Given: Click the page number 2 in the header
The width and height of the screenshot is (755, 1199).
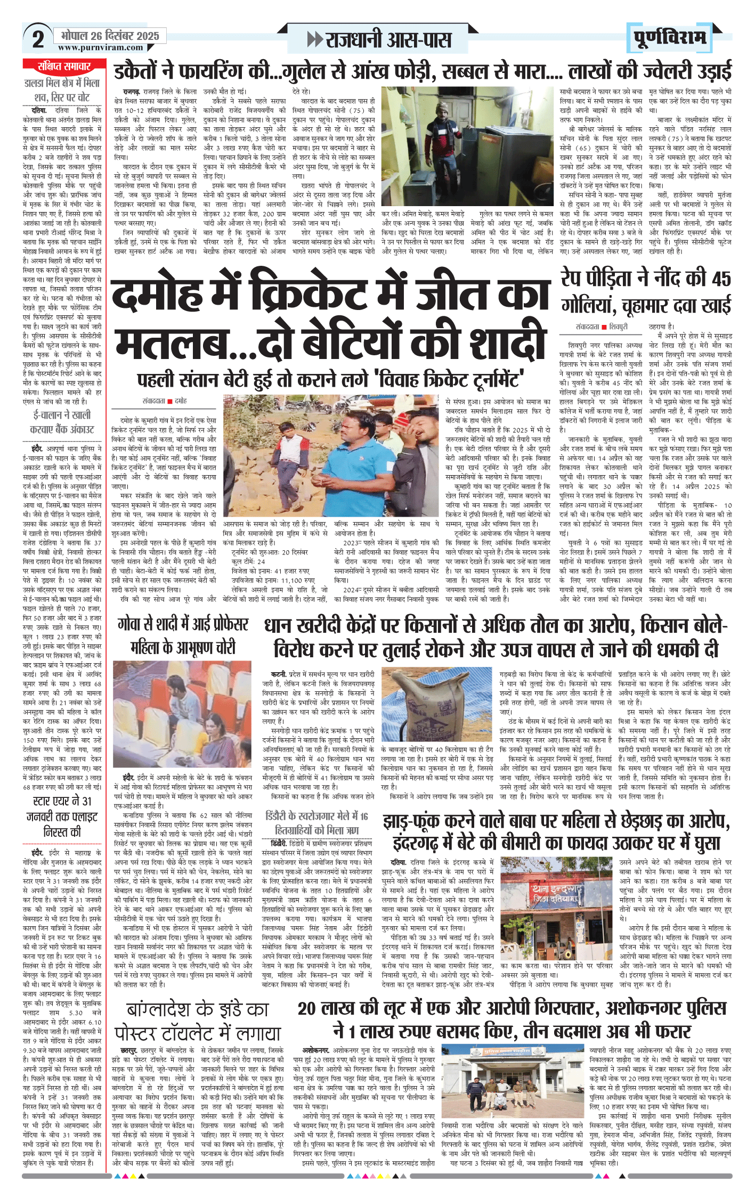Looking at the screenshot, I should pyautogui.click(x=38, y=39).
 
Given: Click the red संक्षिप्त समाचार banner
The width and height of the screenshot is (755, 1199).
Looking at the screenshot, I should pyautogui.click(x=64, y=67).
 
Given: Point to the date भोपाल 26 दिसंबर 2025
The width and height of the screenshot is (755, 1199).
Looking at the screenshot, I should pyautogui.click(x=110, y=36).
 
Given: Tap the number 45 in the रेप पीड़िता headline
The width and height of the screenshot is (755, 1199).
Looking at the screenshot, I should pyautogui.click(x=721, y=279).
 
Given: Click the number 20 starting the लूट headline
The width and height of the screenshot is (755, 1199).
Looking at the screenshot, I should pyautogui.click(x=307, y=1008).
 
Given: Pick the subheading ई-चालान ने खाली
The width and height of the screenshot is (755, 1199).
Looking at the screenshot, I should pyautogui.click(x=62, y=414).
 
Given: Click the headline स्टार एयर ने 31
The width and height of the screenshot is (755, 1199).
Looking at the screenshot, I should pyautogui.click(x=62, y=801).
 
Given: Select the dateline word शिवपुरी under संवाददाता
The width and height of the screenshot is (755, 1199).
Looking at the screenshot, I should pyautogui.click(x=619, y=327).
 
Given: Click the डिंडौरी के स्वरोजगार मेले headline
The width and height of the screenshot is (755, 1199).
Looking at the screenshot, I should pyautogui.click(x=316, y=815).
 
